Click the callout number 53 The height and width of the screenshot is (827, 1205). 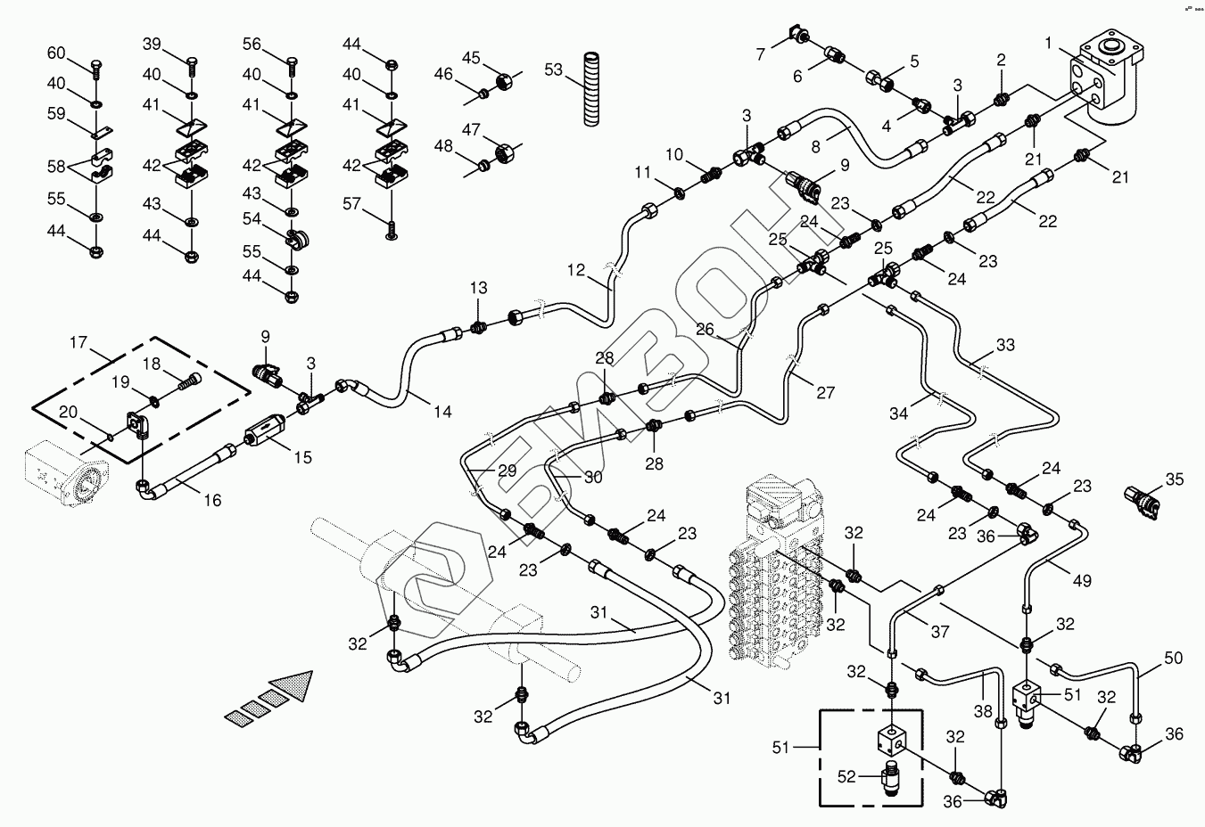pos(554,69)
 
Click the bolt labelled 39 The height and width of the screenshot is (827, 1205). pos(192,63)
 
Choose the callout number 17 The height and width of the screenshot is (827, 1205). pos(78,341)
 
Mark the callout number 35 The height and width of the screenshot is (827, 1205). pos(1174,479)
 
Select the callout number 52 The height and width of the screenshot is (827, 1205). pos(846,776)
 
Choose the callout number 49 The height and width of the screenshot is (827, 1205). pos(1082,581)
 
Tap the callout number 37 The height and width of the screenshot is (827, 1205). pos(940,632)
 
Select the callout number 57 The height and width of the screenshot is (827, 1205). pos(352,204)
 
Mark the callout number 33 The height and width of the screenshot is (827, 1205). pos(1005,345)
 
